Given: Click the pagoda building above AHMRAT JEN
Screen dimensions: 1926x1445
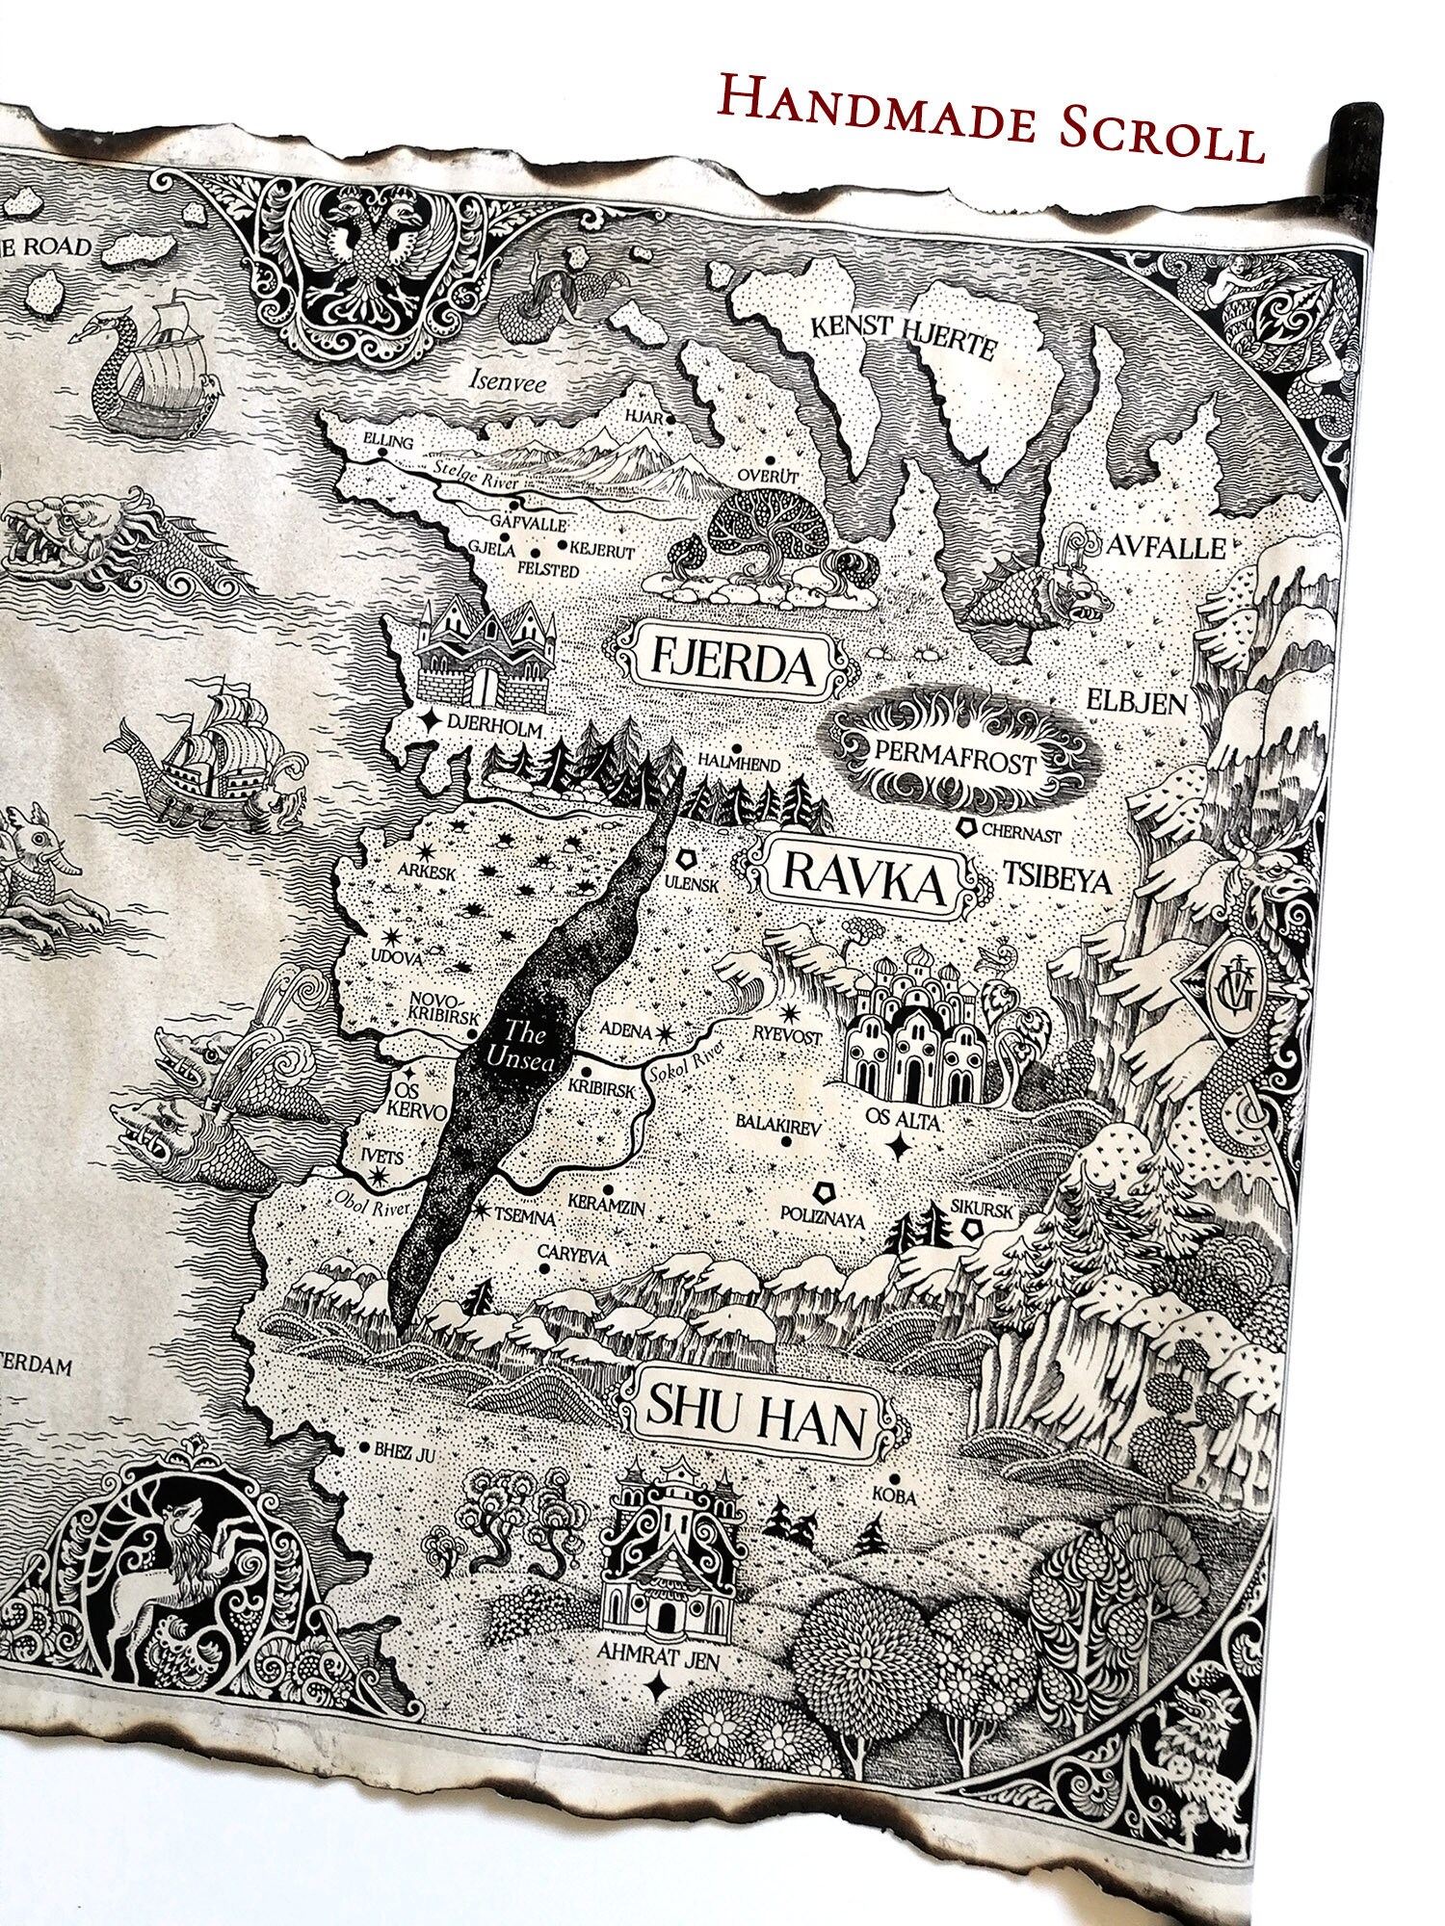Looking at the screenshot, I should click(x=665, y=1550).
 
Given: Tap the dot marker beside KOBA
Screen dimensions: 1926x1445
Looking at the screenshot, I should click(x=895, y=1478).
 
